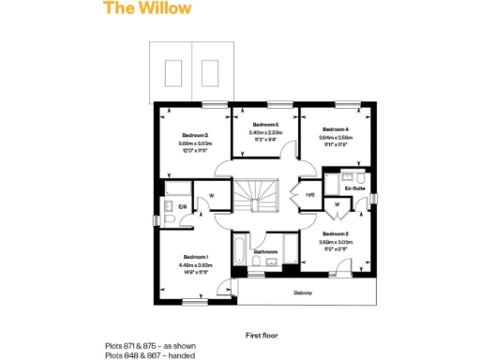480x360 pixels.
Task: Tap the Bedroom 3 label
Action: tap(195, 135)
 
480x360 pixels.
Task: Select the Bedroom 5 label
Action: tap(265, 125)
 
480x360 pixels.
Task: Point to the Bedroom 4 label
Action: tap(335, 129)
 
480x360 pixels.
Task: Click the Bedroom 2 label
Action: tap(335, 232)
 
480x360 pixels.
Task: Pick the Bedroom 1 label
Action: tap(195, 257)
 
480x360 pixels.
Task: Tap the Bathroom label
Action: tap(265, 252)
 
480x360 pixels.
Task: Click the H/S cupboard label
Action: tap(309, 195)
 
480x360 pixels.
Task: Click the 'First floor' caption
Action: tap(263, 334)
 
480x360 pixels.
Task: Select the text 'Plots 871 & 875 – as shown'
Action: tap(151, 346)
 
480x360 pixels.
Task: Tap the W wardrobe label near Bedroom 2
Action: tap(336, 204)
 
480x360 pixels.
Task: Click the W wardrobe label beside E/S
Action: tap(212, 196)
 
